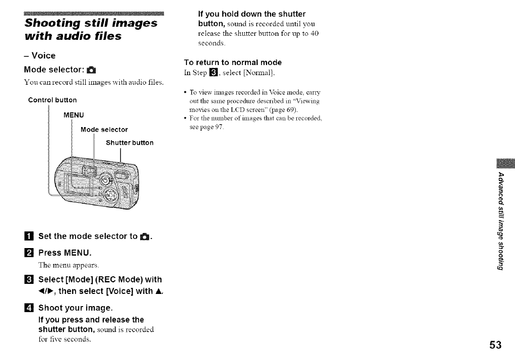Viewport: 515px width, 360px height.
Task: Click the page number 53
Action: [x=495, y=345]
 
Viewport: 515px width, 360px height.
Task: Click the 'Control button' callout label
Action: [x=53, y=100]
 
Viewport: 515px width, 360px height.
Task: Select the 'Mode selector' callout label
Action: [x=104, y=130]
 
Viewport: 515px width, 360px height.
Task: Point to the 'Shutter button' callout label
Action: [x=130, y=143]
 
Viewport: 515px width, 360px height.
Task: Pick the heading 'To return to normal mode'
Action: [x=233, y=63]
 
